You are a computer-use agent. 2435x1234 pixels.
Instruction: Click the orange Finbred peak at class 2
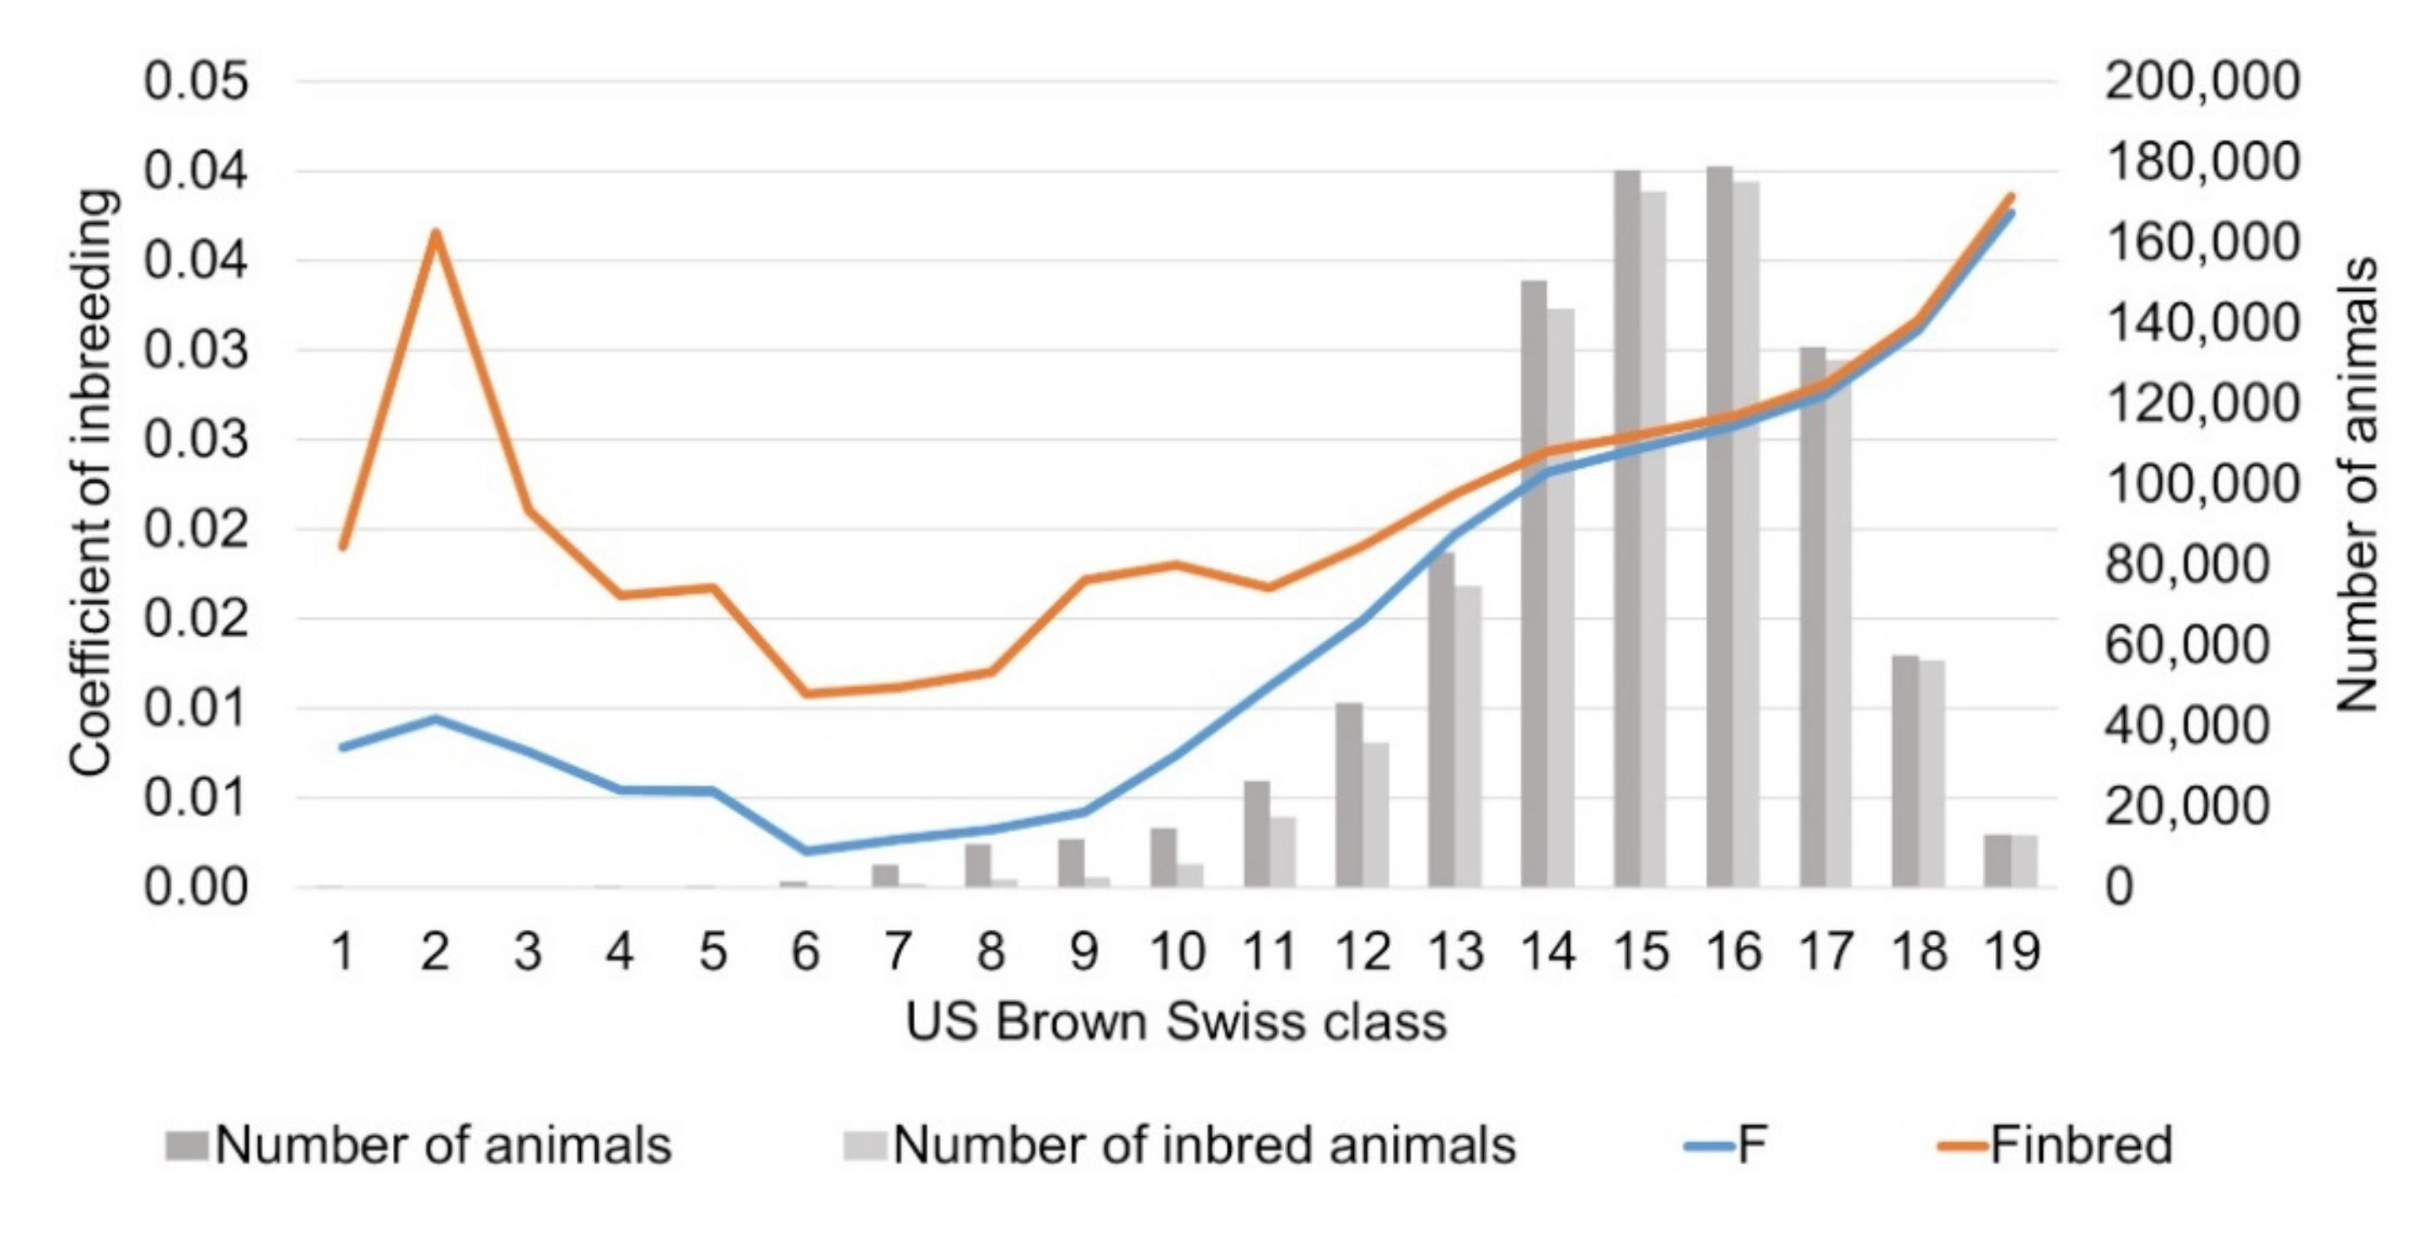click(436, 233)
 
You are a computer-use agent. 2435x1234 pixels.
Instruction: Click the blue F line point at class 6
click(806, 850)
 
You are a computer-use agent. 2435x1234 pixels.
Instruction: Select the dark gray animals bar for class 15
click(1626, 529)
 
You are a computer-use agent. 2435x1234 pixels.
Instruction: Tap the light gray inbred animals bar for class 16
click(1746, 534)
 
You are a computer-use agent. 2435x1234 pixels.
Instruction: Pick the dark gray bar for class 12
click(1349, 796)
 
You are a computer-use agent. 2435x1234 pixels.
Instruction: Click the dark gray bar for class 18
click(1905, 771)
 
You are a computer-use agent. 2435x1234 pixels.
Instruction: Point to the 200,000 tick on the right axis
click(2201, 81)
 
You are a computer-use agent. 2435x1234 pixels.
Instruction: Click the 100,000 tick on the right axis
click(2201, 484)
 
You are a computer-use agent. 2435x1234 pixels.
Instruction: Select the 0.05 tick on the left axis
click(196, 81)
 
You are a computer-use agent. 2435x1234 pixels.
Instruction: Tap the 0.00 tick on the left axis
click(196, 888)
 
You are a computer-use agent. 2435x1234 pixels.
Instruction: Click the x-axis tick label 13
click(1454, 952)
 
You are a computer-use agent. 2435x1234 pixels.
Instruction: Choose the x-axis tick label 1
click(343, 952)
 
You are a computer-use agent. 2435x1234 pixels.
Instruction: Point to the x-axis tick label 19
click(2012, 952)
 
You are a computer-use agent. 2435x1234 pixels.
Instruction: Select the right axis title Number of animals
click(2356, 484)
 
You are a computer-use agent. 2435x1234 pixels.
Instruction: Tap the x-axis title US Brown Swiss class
click(1176, 1022)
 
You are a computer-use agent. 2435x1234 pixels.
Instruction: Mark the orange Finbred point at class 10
click(1177, 565)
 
